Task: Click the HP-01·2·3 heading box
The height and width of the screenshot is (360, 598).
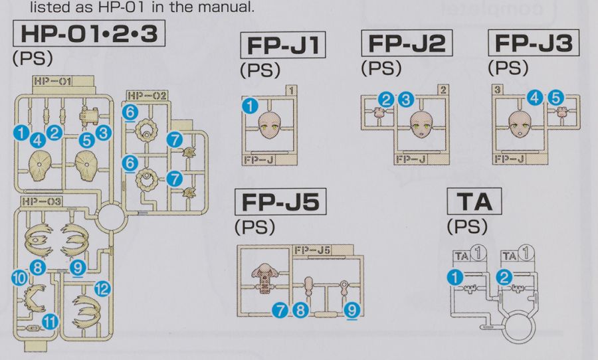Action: pyautogui.click(x=89, y=33)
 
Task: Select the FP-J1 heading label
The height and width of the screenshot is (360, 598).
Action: pyautogui.click(x=283, y=45)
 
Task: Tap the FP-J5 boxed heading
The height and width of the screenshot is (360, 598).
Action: pyautogui.click(x=280, y=202)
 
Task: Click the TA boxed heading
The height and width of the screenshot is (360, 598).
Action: pyautogui.click(x=474, y=201)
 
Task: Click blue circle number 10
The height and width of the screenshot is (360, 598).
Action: pyautogui.click(x=19, y=278)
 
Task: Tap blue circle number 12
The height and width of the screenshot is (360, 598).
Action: pyautogui.click(x=102, y=289)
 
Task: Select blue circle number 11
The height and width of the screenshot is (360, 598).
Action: pyautogui.click(x=50, y=322)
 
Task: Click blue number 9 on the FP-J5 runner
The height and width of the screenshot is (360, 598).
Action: pyautogui.click(x=351, y=310)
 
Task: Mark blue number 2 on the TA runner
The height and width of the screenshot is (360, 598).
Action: pyautogui.click(x=504, y=277)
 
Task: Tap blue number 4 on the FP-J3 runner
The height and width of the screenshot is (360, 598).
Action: pyautogui.click(x=535, y=98)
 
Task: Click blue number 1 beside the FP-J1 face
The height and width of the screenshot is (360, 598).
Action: pyautogui.click(x=250, y=106)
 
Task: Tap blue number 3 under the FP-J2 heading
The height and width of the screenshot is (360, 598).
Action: pyautogui.click(x=406, y=100)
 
